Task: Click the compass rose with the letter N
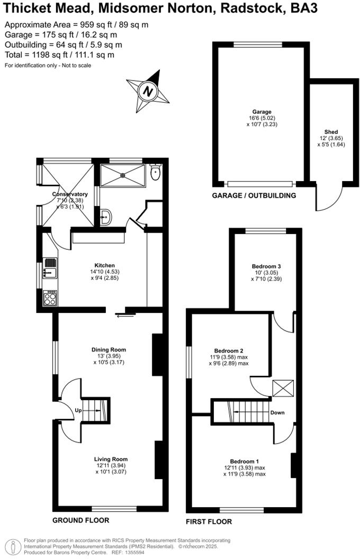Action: (148, 91)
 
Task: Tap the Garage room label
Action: (262, 112)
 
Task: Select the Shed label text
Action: (331, 132)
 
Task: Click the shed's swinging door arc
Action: (324, 198)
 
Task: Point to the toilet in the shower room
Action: (155, 173)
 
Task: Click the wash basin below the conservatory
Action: (106, 216)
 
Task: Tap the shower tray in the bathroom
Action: (121, 174)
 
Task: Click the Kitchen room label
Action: (104, 265)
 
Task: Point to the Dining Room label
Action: (109, 349)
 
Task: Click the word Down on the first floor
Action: (277, 412)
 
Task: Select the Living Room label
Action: (111, 459)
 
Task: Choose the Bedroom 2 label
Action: (229, 351)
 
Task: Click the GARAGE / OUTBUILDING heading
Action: (254, 195)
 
